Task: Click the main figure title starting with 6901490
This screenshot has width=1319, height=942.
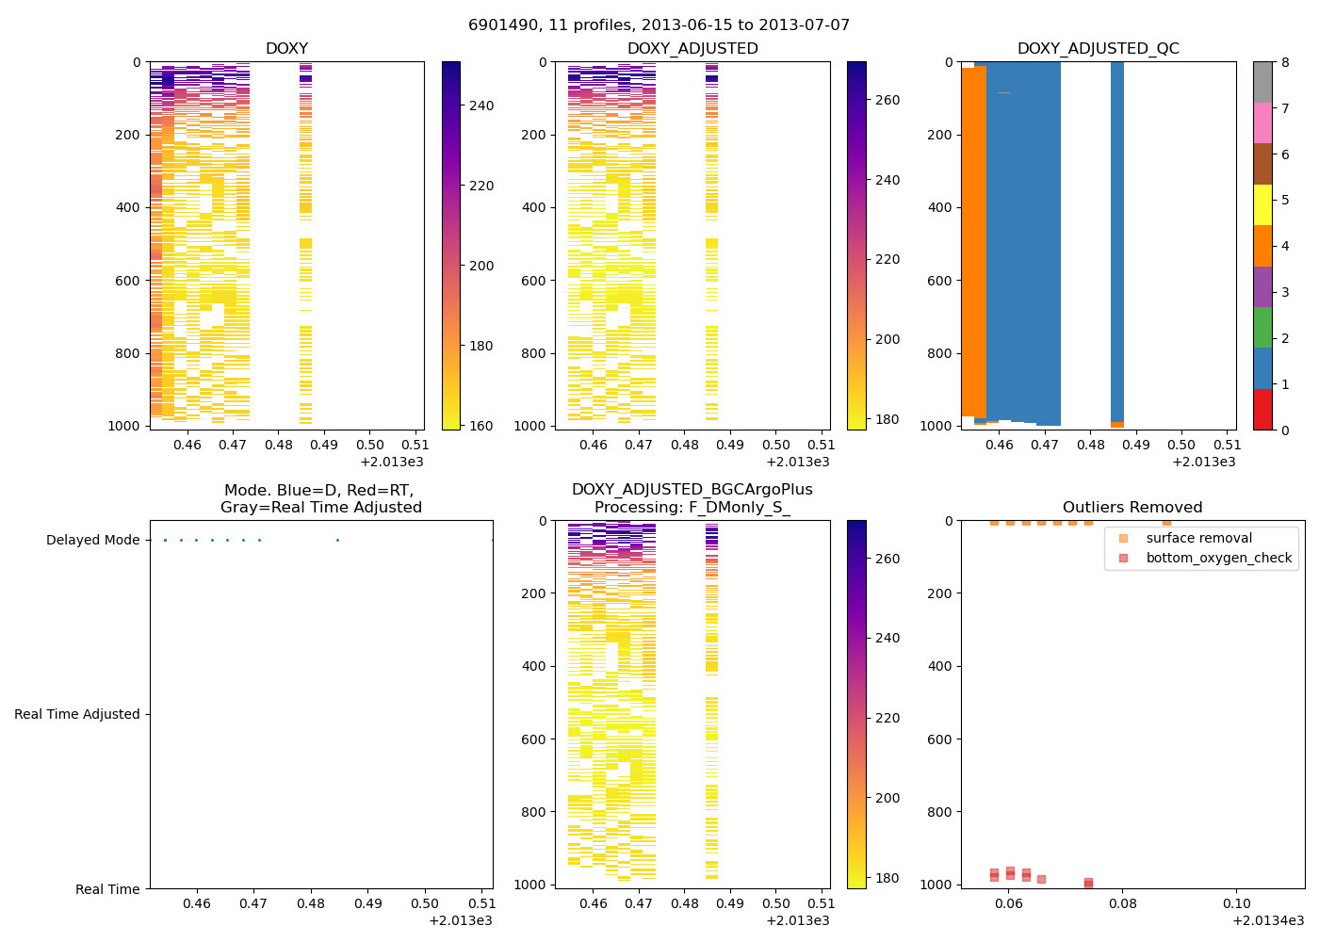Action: coord(659,24)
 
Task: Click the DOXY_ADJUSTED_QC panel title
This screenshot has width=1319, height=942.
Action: coord(1098,48)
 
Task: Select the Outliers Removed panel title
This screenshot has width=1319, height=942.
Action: coord(1132,507)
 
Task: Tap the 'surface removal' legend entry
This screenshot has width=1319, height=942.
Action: coord(1198,538)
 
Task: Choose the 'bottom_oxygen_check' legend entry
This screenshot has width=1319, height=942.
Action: coord(1218,558)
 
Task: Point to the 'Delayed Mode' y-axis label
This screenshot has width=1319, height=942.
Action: coord(92,540)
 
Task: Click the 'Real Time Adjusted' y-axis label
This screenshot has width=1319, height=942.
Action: coord(76,714)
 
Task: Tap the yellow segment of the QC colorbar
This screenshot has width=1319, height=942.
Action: coord(1262,204)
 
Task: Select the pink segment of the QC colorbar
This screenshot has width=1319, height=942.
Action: coord(1262,122)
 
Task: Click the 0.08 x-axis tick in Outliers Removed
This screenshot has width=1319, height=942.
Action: coord(1123,903)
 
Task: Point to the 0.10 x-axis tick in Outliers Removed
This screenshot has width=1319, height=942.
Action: coord(1236,903)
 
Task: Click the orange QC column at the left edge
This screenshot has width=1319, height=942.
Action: coord(973,235)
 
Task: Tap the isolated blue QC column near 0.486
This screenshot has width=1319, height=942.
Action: coord(1117,235)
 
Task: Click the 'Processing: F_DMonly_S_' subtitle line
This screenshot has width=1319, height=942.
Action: coord(692,507)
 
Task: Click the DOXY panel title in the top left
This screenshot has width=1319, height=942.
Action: coord(286,48)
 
